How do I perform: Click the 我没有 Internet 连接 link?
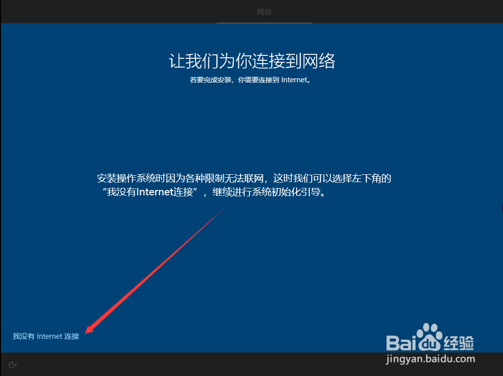coord(46,336)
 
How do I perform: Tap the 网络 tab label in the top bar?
coord(264,12)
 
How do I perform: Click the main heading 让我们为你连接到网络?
coord(252,61)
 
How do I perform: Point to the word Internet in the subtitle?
coord(294,80)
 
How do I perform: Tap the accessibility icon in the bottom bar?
coord(13,365)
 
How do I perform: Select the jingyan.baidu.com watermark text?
coord(430,359)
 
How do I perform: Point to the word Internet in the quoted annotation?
coord(155,192)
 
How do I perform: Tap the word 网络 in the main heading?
coord(319,61)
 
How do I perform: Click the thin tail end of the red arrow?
coord(227,206)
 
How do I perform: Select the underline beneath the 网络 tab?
coord(264,23)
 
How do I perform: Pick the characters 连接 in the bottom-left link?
coord(72,336)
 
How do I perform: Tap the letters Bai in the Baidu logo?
coord(402,343)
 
